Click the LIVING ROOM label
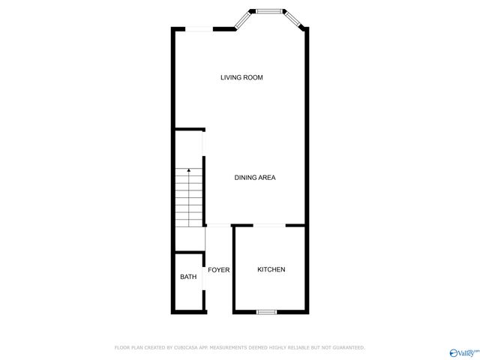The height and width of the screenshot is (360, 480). pos(241,78)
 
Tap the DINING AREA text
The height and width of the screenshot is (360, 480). pos(255,178)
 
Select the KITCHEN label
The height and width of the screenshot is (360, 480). pos(271,270)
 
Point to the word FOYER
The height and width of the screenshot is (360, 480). pos(218,270)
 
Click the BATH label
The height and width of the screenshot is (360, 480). pos(188,277)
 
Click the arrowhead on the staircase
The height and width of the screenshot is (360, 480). pos(189,171)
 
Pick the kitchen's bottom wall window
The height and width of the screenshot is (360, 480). pos(267,311)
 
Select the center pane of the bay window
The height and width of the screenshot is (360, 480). pos(268,11)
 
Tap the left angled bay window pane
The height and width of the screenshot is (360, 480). pos(243,20)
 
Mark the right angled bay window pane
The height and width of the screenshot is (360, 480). pos(293,20)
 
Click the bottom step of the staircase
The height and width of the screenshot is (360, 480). pos(189,222)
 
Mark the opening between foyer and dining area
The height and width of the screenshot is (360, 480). pos(218,225)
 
